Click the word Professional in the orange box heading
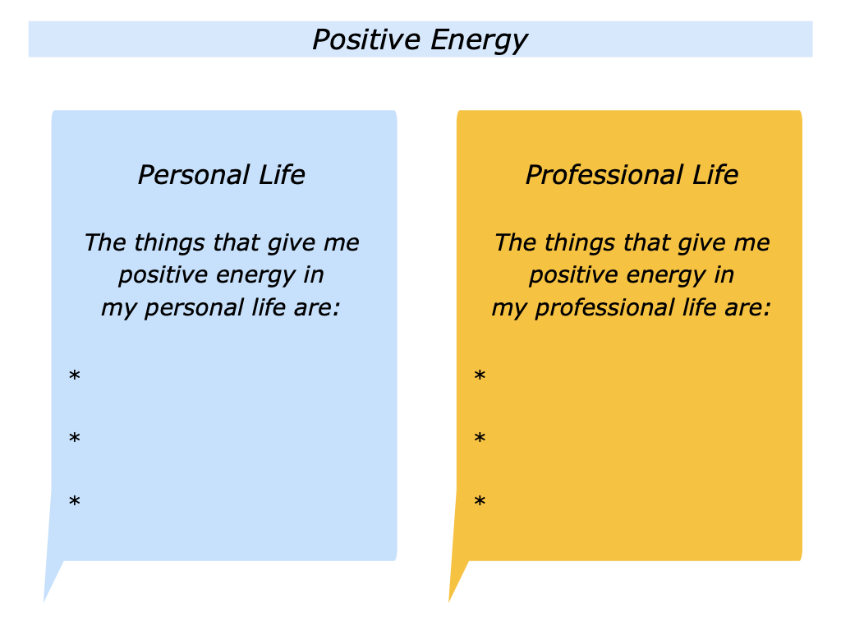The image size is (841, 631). click(x=604, y=175)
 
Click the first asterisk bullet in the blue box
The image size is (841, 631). click(x=75, y=376)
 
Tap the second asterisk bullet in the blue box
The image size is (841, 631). click(x=75, y=439)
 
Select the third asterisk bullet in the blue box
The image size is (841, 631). click(x=75, y=501)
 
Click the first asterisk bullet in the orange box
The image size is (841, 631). click(x=480, y=376)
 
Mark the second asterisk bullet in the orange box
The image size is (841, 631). click(x=480, y=439)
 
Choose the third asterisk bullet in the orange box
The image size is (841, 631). click(x=480, y=501)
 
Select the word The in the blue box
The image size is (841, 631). click(x=104, y=243)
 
